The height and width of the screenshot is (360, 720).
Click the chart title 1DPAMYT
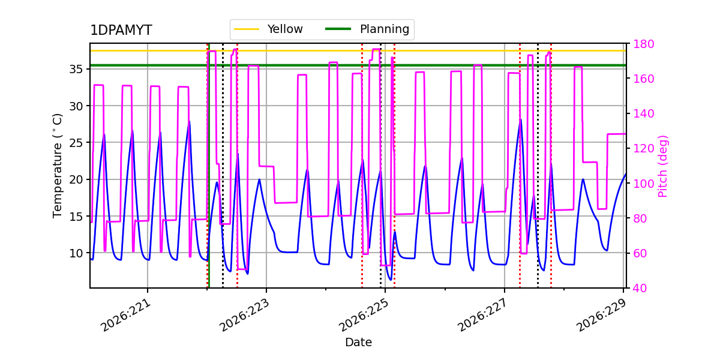[121, 30]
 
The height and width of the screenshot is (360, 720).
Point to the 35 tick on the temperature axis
[76, 69]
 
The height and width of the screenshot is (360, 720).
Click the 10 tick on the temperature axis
[76, 253]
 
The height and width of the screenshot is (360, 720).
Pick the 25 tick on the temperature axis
[76, 143]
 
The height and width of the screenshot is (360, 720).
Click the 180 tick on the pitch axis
[643, 44]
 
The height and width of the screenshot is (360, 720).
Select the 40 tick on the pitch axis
[640, 288]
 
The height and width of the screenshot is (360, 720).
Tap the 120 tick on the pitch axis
[643, 149]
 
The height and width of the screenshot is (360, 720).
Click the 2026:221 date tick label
[126, 316]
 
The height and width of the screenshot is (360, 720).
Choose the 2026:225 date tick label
[364, 316]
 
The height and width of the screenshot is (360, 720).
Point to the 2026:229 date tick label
[602, 316]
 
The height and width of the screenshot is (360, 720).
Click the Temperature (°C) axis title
[57, 166]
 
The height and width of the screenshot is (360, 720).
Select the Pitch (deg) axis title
[663, 166]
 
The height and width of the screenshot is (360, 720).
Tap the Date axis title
[358, 343]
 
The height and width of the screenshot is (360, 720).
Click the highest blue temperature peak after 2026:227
[521, 119]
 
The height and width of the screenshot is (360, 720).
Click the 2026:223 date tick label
[245, 316]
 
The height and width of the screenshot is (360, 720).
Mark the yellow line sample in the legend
[247, 29]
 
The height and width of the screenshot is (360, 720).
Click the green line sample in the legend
[338, 29]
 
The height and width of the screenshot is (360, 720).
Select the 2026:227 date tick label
[483, 316]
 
